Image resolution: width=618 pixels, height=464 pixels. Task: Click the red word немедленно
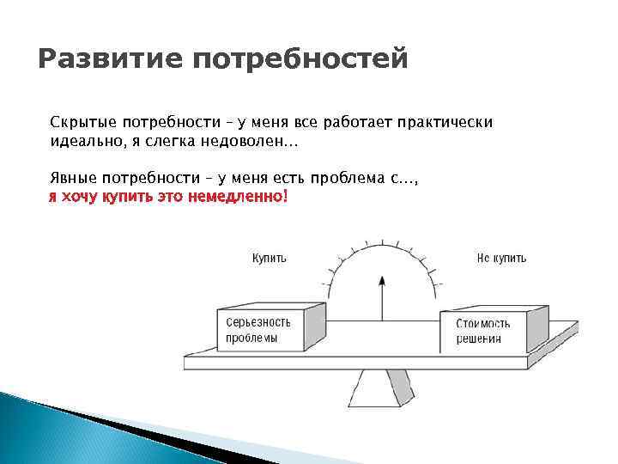[241, 197]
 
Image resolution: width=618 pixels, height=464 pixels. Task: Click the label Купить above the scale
[269, 258]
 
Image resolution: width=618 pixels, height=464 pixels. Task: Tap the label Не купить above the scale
[501, 258]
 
